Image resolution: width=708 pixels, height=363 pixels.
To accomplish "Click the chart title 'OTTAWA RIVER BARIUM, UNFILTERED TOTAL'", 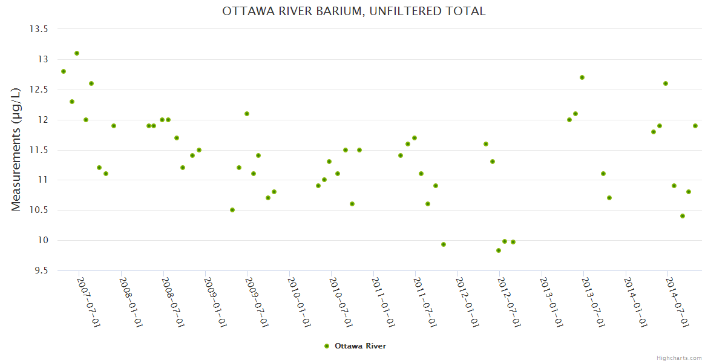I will tap(354, 11).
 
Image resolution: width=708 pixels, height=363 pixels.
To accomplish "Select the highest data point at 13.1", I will tap(77, 53).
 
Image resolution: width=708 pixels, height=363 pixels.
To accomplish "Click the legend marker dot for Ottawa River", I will tap(327, 346).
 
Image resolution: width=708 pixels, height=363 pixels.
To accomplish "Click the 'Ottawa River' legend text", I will tap(360, 346).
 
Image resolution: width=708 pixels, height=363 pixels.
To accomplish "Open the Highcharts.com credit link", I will tap(679, 358).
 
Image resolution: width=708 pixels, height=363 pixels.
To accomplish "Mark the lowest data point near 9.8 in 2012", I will tap(499, 250).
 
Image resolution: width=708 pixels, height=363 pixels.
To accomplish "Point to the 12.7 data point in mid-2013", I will tap(582, 77).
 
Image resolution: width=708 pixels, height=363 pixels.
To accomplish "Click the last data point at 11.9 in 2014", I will tap(695, 126).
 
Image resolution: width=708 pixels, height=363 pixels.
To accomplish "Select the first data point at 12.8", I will tap(64, 71).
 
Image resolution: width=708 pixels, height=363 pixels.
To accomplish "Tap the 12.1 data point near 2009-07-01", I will tap(247, 114).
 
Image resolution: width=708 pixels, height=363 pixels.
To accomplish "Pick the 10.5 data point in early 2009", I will tap(232, 210).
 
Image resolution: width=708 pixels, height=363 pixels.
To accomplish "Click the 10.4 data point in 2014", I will tap(683, 216).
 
